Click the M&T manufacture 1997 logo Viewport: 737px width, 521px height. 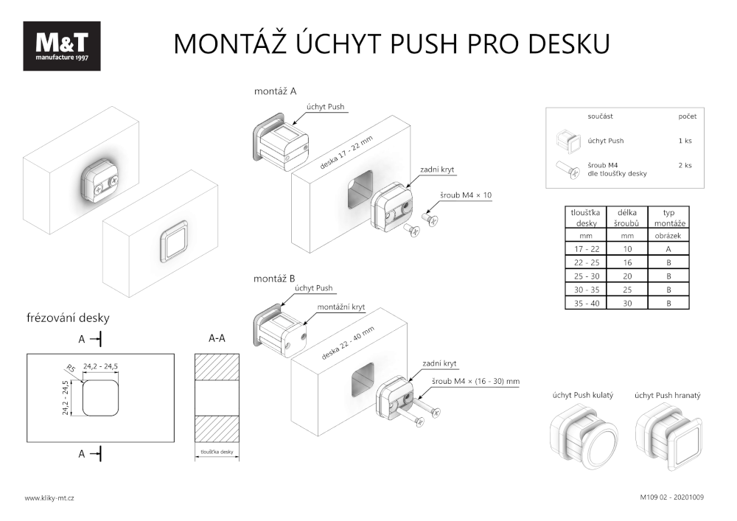pyautogui.click(x=61, y=46)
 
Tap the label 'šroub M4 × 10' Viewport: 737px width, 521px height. pyautogui.click(x=465, y=195)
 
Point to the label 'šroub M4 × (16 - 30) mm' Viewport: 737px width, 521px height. pyautogui.click(x=476, y=381)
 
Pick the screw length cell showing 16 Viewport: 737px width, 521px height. pyautogui.click(x=627, y=262)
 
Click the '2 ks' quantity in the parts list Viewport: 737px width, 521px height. pyautogui.click(x=685, y=165)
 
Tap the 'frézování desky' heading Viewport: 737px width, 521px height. pyautogui.click(x=67, y=318)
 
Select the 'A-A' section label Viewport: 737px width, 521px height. pyautogui.click(x=217, y=338)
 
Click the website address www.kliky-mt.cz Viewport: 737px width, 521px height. pyautogui.click(x=49, y=498)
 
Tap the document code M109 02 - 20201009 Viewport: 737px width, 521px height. pyautogui.click(x=671, y=497)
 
